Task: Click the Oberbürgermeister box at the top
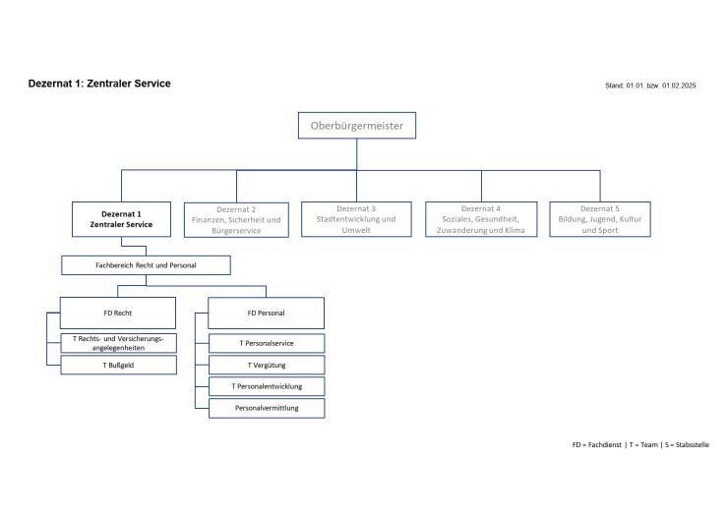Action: [x=357, y=126]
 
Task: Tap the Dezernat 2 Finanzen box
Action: [x=235, y=219]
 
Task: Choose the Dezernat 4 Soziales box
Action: [x=481, y=219]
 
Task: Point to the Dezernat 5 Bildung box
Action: [x=600, y=219]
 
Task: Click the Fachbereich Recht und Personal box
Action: [x=146, y=265]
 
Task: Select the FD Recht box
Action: [x=118, y=313]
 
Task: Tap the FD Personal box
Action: [x=266, y=313]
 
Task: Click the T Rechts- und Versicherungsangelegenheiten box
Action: [x=118, y=342]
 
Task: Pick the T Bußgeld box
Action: [x=118, y=365]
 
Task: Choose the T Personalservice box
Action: [x=266, y=343]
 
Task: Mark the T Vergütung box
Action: [x=266, y=365]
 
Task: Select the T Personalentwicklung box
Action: [x=266, y=386]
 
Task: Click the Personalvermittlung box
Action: [x=266, y=408]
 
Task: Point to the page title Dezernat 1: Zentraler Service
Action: [x=99, y=84]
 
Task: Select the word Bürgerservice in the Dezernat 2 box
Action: [x=235, y=231]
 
